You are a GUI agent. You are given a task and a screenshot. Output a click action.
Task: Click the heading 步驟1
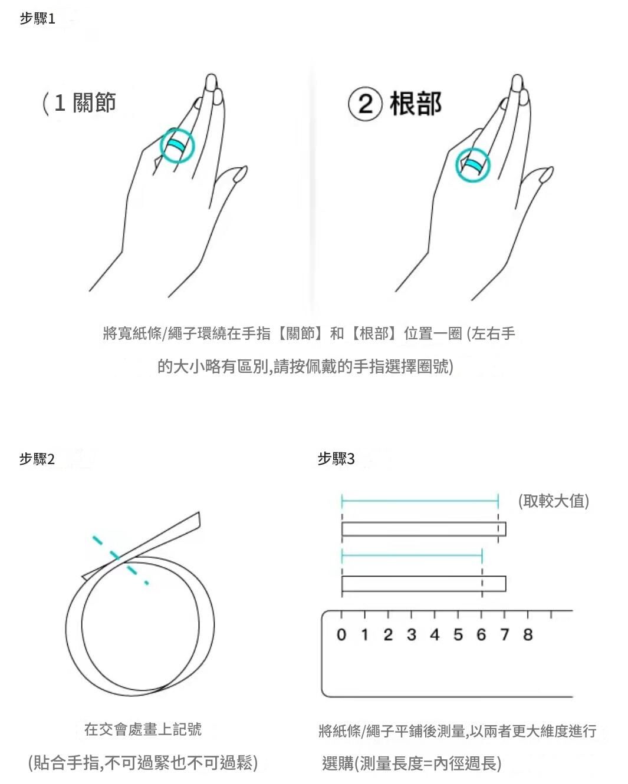click(37, 19)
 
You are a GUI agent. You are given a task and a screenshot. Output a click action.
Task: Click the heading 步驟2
click(37, 459)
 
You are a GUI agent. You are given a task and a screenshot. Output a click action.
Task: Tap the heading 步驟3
click(336, 458)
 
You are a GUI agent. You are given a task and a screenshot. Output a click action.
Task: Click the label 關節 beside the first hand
click(94, 102)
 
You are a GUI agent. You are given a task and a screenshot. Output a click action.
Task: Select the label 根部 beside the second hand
click(416, 104)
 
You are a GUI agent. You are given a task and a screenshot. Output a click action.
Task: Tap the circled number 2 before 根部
click(366, 104)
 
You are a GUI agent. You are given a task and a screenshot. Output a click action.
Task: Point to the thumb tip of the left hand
click(245, 168)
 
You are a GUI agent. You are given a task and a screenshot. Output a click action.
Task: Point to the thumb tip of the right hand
click(551, 168)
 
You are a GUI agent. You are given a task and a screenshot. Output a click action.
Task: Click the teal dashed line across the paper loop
click(120, 560)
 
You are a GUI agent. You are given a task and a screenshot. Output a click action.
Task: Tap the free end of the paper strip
click(199, 519)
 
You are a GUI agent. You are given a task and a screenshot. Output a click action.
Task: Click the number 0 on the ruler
click(341, 634)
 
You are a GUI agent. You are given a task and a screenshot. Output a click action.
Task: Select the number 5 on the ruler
click(458, 634)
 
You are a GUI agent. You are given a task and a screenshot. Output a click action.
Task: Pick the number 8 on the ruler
click(528, 634)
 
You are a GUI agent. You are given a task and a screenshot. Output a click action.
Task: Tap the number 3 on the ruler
click(412, 634)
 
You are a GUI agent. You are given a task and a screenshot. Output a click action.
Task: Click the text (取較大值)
click(554, 501)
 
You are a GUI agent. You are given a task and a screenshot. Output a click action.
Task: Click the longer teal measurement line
click(420, 501)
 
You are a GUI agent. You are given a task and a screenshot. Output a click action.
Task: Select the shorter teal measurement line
click(412, 555)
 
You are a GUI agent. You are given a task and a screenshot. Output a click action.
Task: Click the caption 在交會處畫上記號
click(143, 729)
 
